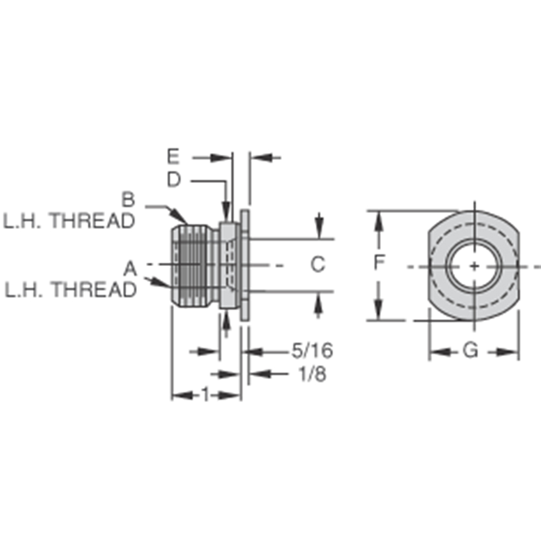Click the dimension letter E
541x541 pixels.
pos(173,157)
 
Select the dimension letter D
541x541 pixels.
pos(173,180)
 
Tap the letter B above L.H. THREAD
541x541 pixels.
pos(128,199)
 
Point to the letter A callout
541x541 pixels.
pos(130,268)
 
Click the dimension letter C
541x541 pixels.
pos(317,264)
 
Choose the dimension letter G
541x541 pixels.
pos(471,350)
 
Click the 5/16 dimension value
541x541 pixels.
pos(312,350)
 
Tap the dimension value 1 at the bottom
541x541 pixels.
pos(205,395)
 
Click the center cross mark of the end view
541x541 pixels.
pos(474,266)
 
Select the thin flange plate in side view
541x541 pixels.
pos(245,266)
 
